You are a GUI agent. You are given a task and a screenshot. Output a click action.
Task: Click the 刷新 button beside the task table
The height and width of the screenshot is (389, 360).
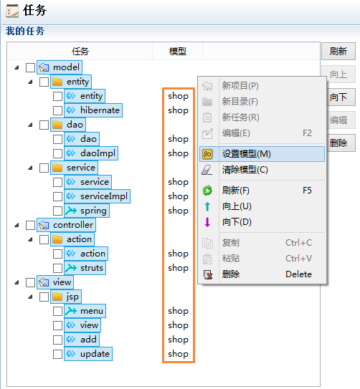338,52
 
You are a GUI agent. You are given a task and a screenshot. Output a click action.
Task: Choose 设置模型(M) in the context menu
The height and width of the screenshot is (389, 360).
246,154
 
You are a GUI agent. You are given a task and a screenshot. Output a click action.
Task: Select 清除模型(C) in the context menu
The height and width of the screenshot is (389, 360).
245,170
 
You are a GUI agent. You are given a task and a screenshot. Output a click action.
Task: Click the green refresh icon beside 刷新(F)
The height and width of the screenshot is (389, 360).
207,191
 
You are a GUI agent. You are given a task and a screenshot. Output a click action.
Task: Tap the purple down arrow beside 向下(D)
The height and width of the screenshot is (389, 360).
207,222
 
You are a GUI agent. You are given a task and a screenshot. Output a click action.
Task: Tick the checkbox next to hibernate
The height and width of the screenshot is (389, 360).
57,110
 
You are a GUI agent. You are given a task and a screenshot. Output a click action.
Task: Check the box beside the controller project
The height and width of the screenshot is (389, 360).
31,225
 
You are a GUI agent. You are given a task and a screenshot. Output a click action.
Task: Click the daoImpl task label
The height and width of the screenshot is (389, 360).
98,153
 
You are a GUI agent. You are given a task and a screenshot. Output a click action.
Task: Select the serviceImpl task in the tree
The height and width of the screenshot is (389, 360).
104,196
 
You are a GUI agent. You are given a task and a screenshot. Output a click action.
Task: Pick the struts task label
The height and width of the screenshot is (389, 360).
92,268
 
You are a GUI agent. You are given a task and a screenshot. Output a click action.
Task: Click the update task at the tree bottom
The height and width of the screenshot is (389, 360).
95,354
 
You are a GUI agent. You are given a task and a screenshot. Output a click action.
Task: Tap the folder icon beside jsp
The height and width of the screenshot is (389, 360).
57,297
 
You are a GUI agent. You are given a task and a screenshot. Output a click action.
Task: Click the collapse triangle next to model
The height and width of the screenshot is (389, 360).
16,67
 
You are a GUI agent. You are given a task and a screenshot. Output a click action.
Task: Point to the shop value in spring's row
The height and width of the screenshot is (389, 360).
178,211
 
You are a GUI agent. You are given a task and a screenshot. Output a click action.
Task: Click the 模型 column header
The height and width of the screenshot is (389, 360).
178,52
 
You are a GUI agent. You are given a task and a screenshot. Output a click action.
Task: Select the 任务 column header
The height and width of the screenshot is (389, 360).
80,52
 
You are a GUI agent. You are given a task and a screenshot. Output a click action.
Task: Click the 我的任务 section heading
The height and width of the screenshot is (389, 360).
25,32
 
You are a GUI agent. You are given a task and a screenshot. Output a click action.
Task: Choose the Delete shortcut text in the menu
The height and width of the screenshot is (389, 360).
298,274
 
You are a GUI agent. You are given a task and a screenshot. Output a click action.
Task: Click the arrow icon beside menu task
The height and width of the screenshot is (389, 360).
71,311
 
